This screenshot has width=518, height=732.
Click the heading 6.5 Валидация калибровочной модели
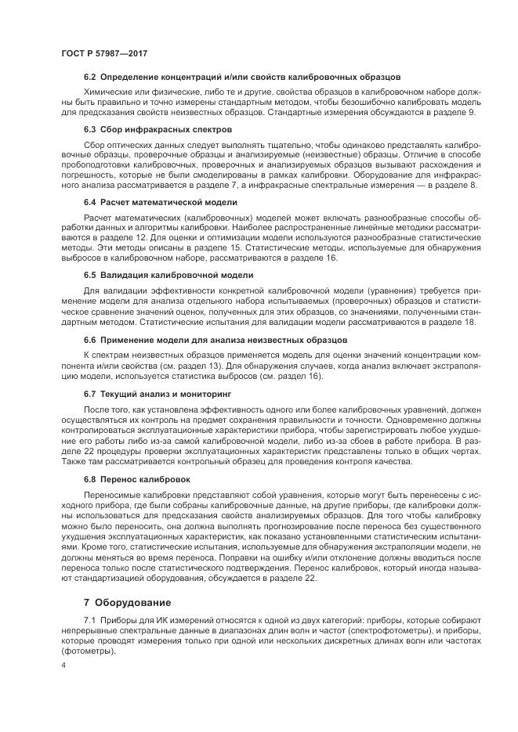[x=168, y=275]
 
